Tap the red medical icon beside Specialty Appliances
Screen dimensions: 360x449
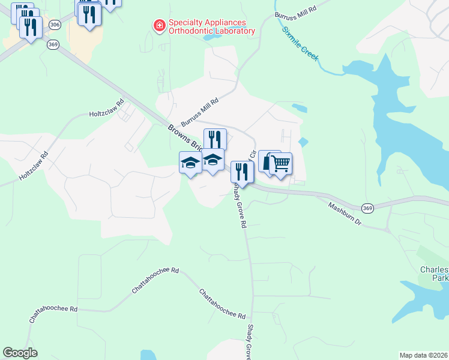[x=160, y=26]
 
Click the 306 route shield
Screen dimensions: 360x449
[x=55, y=25]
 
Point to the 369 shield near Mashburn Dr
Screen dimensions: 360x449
[x=368, y=208]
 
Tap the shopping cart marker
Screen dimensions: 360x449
[x=280, y=163]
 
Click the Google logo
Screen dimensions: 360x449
[x=20, y=353]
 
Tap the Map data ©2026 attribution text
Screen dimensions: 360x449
[x=424, y=355]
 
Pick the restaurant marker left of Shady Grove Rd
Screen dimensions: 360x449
[x=242, y=172]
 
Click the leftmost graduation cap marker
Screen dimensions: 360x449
[x=191, y=163]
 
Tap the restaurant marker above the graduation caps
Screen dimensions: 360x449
[x=215, y=140]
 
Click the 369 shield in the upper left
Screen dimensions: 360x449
[x=53, y=44]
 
